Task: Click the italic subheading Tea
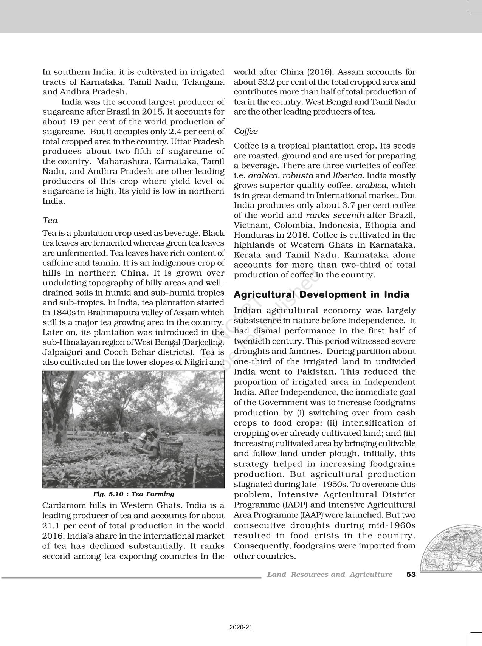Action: point(50,220)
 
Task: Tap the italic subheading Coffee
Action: point(246,131)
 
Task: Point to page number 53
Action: point(411,575)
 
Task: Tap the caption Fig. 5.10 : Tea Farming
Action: point(133,494)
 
